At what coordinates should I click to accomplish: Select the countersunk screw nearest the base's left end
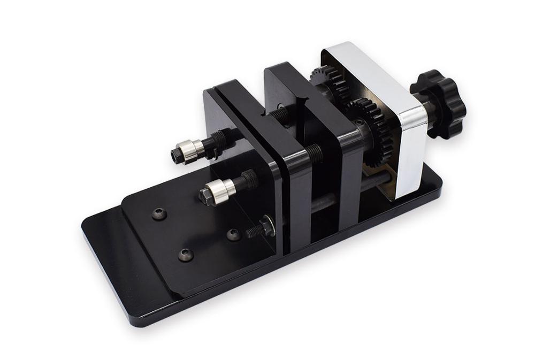(x=159, y=214)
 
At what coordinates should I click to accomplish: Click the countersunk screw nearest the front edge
(x=186, y=255)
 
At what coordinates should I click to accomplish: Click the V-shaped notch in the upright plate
(x=302, y=102)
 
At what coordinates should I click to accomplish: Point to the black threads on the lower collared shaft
(x=247, y=180)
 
